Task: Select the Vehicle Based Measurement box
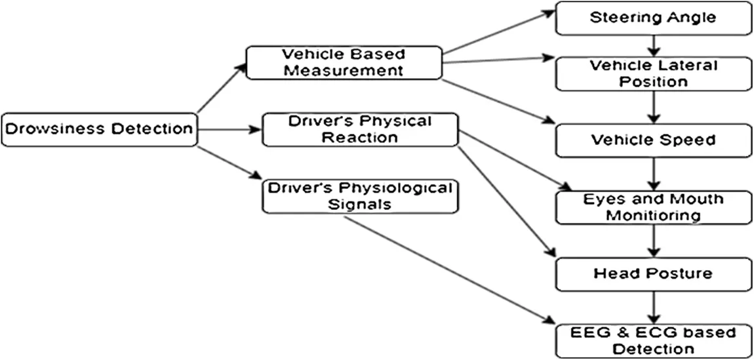pos(344,62)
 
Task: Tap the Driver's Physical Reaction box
pos(360,130)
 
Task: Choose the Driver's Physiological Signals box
pos(360,196)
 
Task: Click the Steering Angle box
pos(652,18)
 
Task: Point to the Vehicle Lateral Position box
pos(652,73)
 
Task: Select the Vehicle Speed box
pos(652,140)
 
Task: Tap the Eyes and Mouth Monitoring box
pos(652,207)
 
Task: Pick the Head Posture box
pos(652,273)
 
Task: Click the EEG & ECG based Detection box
pos(652,340)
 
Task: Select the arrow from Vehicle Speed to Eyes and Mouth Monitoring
pos(652,174)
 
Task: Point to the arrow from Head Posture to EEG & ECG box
pos(652,307)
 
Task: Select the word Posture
pos(679,273)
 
